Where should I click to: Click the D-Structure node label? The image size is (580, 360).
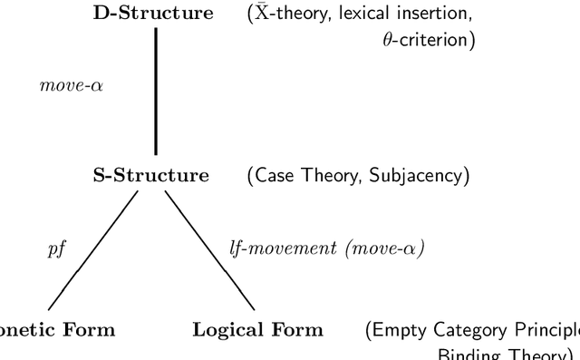pyautogui.click(x=154, y=15)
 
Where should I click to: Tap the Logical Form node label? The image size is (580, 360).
pyautogui.click(x=257, y=329)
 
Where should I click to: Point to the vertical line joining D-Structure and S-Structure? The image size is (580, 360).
pyautogui.click(x=155, y=91)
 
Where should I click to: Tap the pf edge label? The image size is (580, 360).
pyautogui.click(x=58, y=248)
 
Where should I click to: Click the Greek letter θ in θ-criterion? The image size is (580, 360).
pyautogui.click(x=387, y=41)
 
